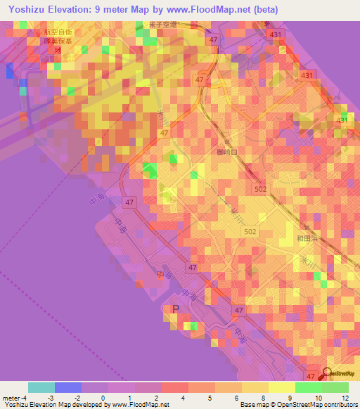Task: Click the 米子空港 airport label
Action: point(162,25)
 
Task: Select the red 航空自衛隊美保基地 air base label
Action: point(58,41)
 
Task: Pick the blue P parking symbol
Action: point(176,309)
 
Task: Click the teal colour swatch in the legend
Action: point(41,387)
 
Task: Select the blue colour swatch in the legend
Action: point(68,387)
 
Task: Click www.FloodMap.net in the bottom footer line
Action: point(139,405)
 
